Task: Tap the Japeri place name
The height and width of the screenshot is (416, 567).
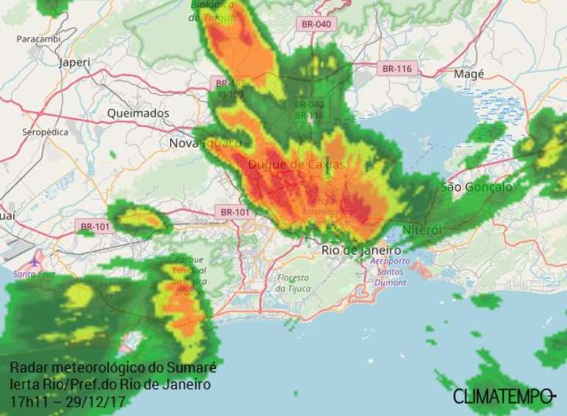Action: pos(75,62)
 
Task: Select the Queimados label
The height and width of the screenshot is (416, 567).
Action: pos(138,114)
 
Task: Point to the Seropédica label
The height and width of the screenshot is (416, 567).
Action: pos(45,132)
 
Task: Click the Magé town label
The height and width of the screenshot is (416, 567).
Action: pos(470,74)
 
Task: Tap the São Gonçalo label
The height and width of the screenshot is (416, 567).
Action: pos(476,187)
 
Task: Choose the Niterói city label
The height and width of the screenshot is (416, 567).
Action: pos(423,230)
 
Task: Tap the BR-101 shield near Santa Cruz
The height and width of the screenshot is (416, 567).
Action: pos(94,227)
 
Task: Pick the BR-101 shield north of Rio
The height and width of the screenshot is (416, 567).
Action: pos(235,212)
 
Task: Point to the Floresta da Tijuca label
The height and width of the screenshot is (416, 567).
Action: pos(294,283)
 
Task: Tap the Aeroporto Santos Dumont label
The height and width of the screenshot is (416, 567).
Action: pos(391,272)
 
